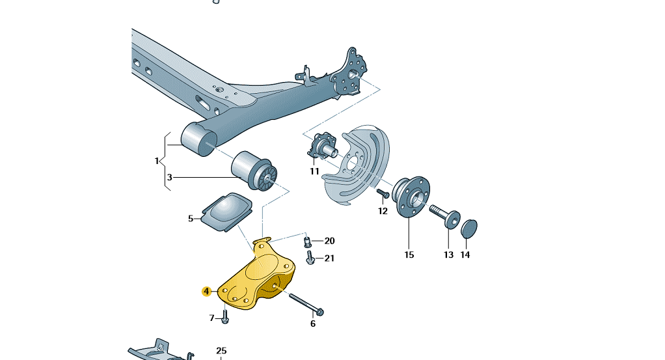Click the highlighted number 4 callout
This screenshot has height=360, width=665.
point(206,292)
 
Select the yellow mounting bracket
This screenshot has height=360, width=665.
point(256,276)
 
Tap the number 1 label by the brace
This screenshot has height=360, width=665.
point(157,161)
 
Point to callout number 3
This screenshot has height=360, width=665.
point(170,178)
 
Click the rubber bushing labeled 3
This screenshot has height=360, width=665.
point(254,171)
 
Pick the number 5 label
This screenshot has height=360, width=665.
point(191,219)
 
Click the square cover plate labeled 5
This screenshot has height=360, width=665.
point(227,212)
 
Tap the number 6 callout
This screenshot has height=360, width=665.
point(313,324)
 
